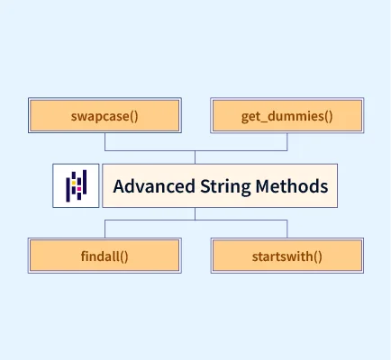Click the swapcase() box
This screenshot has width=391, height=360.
point(105,115)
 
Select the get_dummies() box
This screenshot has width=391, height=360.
point(287,115)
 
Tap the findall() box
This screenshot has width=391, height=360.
point(105,256)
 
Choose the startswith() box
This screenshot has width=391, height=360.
point(287,256)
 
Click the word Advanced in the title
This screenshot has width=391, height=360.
point(154,186)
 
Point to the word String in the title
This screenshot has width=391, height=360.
point(225,187)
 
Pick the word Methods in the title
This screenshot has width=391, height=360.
point(292,186)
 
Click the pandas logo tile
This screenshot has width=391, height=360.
point(76,185)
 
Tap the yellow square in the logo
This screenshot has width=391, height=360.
point(74,183)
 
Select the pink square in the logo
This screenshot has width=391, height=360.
point(79,189)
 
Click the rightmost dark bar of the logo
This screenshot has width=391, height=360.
point(85,182)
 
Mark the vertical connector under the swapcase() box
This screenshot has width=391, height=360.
point(105,141)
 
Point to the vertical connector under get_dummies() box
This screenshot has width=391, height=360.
point(287,141)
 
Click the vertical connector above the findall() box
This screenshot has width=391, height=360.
point(105,229)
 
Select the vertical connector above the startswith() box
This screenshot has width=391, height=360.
point(287,229)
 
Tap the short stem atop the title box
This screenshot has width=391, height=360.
point(195,157)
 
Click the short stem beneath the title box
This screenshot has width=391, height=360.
point(195,213)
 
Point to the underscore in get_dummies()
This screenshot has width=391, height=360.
point(263,121)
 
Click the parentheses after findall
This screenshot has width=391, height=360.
point(124,256)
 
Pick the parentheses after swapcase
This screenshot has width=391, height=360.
point(134,116)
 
